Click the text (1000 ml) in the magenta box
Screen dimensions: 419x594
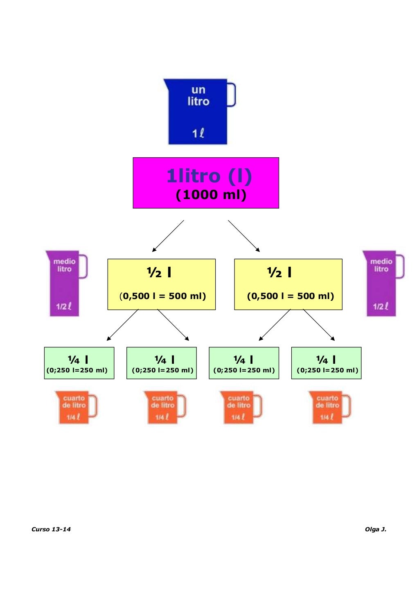211,195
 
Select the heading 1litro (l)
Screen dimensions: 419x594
209,176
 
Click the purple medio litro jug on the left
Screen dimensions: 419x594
66,283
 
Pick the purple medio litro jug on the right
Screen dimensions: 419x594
383,283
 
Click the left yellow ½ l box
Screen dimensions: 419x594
162,284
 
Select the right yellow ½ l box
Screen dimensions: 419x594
288,284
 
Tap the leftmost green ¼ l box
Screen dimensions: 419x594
79,363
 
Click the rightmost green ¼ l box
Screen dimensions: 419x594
326,363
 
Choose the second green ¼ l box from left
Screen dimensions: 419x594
162,363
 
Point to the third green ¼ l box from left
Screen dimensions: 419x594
244,363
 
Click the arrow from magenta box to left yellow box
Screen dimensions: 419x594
168,236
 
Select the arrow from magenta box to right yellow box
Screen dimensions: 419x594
244,236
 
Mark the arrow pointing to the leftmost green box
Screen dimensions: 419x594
123,325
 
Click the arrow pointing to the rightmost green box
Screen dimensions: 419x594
319,325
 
